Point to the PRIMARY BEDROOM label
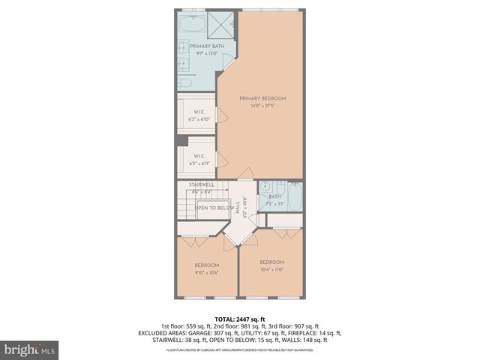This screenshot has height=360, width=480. point(262,98)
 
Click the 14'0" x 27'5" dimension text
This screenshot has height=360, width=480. point(262,106)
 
